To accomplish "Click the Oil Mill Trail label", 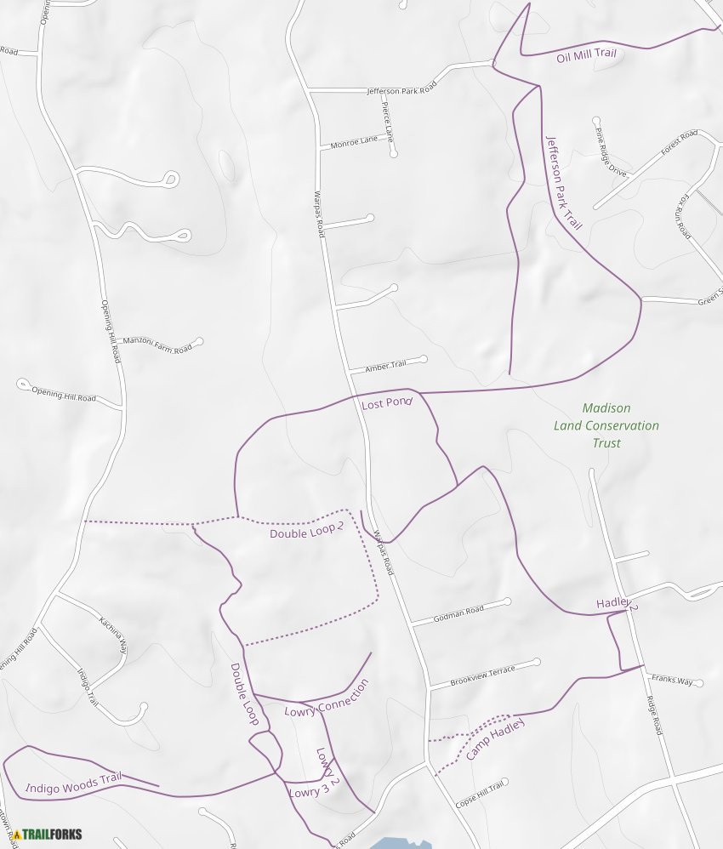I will coord(585,55).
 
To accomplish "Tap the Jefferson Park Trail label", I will coord(563,183).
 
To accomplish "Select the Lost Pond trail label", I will coord(387,404).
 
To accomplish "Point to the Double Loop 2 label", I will coord(306,532).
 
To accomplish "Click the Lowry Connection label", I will coord(327,698).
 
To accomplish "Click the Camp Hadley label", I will coord(496,738).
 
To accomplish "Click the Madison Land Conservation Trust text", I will coord(606,425).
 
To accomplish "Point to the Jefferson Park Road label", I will coord(401,88).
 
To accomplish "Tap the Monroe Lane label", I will coord(354,142).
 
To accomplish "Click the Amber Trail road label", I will coord(385,366).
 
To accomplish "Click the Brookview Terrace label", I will coord(483,675).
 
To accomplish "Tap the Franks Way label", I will coord(672,680).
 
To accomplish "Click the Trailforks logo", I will coord(48,835).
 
